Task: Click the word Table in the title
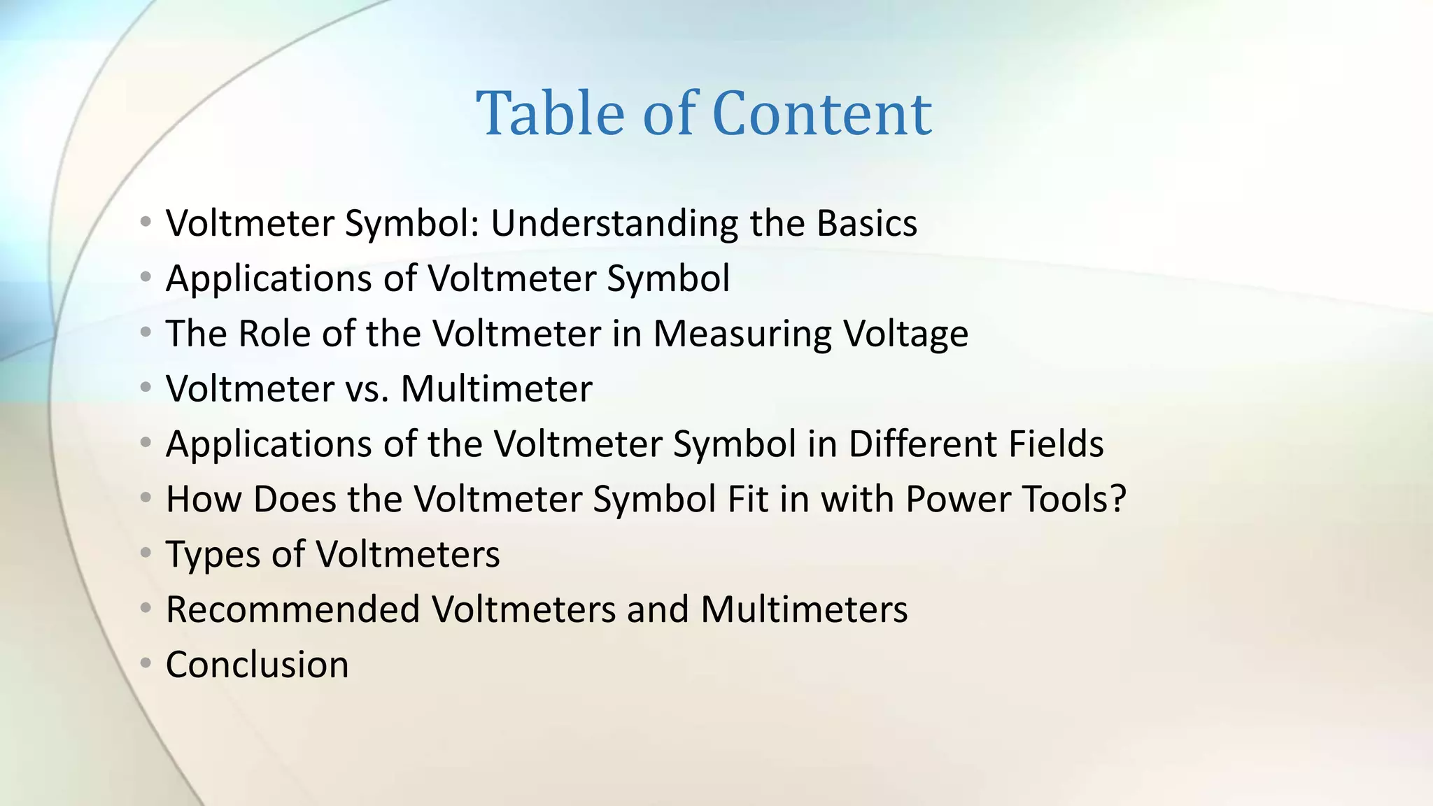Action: [550, 113]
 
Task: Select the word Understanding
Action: [614, 224]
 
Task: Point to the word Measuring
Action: [742, 334]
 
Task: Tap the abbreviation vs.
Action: [367, 389]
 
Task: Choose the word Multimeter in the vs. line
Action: [496, 389]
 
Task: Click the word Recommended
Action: [292, 609]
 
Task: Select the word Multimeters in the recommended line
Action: [804, 609]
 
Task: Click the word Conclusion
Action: [257, 665]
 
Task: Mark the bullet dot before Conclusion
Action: [146, 663]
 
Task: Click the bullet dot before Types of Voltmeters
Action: [146, 553]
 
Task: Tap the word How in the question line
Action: [204, 500]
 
